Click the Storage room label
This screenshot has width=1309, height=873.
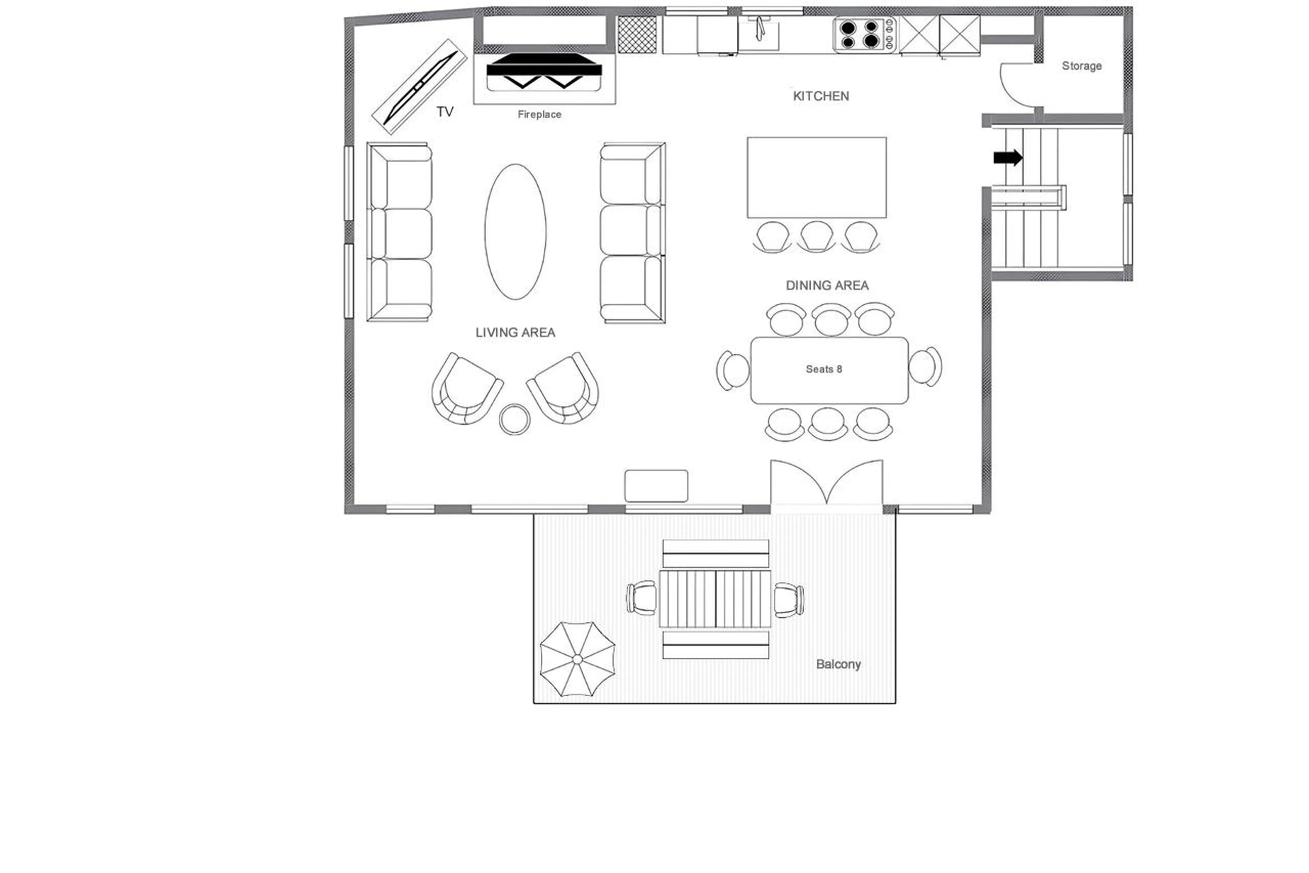coord(1081,66)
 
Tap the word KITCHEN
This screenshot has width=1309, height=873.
coord(821,96)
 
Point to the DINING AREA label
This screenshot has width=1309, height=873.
coord(827,286)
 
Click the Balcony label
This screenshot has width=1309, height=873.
coord(838,664)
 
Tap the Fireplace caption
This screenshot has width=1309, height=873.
coord(539,115)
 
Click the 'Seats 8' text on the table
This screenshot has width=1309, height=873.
coord(823,369)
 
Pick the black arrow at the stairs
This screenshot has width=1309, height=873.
coord(1007,158)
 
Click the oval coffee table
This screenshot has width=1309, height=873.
coord(515,232)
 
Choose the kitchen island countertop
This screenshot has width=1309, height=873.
coord(816,177)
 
